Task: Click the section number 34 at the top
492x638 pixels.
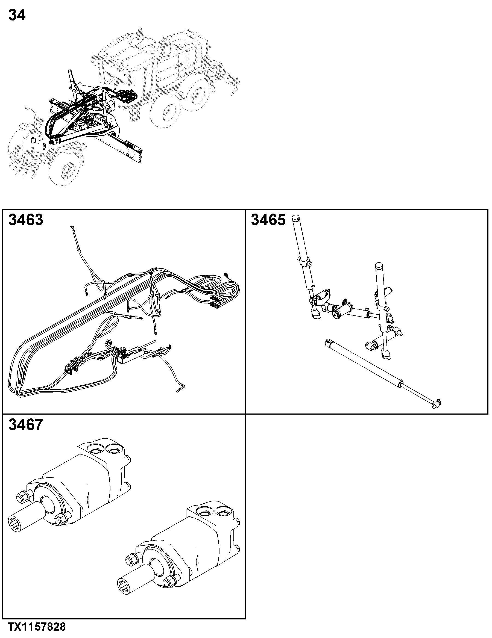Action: tap(17, 15)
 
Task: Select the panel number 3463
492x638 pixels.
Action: tap(26, 220)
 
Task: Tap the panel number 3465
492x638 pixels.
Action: tap(268, 220)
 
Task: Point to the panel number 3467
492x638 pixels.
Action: tap(26, 425)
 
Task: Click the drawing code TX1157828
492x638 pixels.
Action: tap(37, 631)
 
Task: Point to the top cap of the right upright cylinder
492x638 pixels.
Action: tap(379, 266)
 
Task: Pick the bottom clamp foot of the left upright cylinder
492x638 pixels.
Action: tap(316, 315)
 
